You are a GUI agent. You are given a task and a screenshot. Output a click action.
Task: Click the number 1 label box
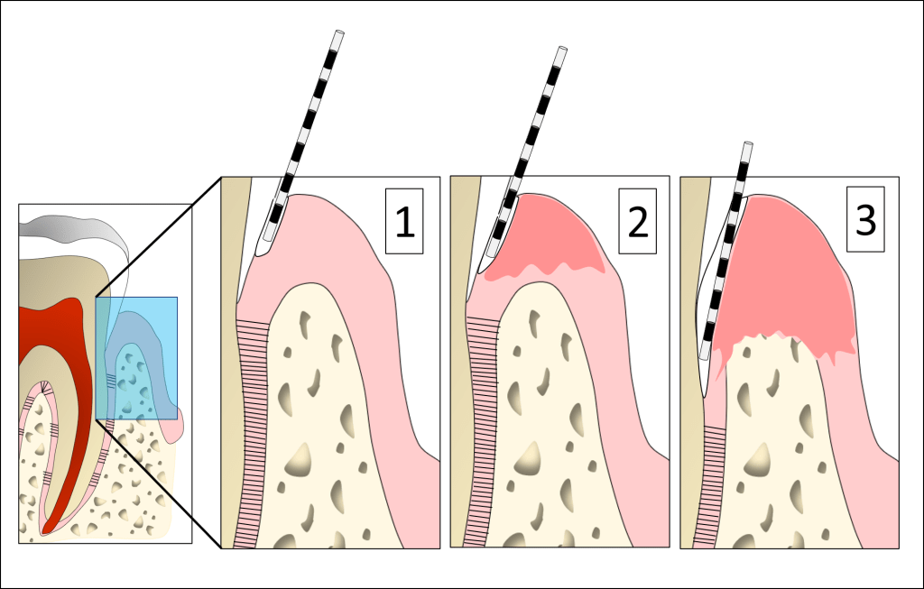point(404,222)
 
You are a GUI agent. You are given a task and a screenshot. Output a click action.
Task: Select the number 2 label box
point(638,222)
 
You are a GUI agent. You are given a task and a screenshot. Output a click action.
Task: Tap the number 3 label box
point(865,220)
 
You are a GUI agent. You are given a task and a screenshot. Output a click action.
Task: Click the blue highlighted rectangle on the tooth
point(136,358)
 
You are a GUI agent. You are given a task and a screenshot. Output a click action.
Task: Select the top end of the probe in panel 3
point(747,145)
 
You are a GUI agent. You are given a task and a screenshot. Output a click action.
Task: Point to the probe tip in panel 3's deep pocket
point(706,389)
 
